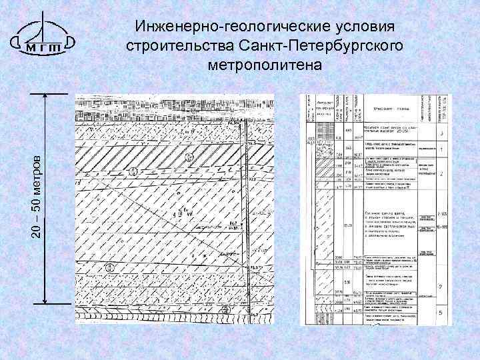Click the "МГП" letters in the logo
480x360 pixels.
tap(43, 47)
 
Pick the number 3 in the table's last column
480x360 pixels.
tap(442, 135)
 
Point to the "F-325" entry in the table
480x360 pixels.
tap(441, 215)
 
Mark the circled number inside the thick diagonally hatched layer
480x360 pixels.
tap(189, 158)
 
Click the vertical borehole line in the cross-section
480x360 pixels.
tap(242, 200)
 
